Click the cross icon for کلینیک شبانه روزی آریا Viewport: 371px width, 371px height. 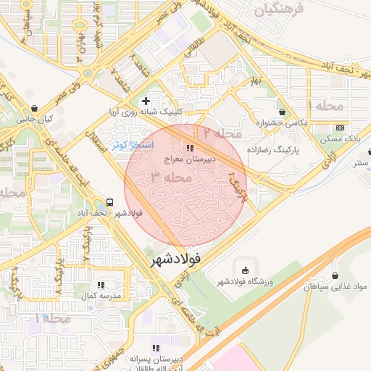(x=146, y=101)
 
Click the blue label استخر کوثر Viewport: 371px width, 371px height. (x=130, y=145)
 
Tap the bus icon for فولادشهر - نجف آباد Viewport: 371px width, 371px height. (x=109, y=202)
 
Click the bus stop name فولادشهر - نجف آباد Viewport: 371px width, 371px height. (x=109, y=214)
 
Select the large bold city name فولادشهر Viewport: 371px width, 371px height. (x=184, y=259)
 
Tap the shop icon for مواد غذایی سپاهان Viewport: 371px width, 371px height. (x=335, y=275)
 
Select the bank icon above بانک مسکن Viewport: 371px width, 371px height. (x=341, y=127)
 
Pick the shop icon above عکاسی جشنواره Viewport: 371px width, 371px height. (x=280, y=112)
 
